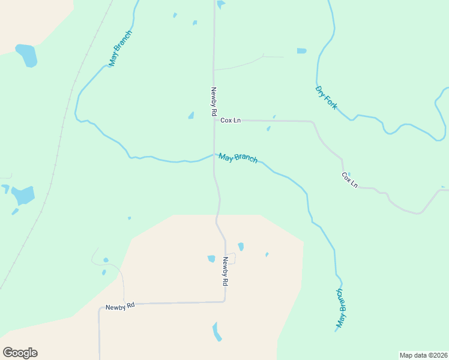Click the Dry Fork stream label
click(326, 97)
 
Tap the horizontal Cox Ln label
click(231, 120)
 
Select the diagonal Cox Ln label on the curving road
click(349, 180)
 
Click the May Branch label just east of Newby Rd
click(238, 158)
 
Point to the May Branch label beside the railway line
click(120, 48)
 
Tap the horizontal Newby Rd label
click(120, 306)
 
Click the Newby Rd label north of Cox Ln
click(213, 101)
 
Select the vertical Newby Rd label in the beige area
click(226, 271)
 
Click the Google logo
click(20, 353)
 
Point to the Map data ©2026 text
click(423, 355)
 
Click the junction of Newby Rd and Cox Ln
click(214, 120)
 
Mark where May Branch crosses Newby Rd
click(214, 154)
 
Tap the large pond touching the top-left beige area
click(26, 55)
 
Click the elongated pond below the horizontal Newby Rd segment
click(217, 331)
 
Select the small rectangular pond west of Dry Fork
click(301, 51)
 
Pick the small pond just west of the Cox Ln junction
click(191, 115)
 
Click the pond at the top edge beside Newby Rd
click(221, 4)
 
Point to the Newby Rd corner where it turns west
click(224, 301)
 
